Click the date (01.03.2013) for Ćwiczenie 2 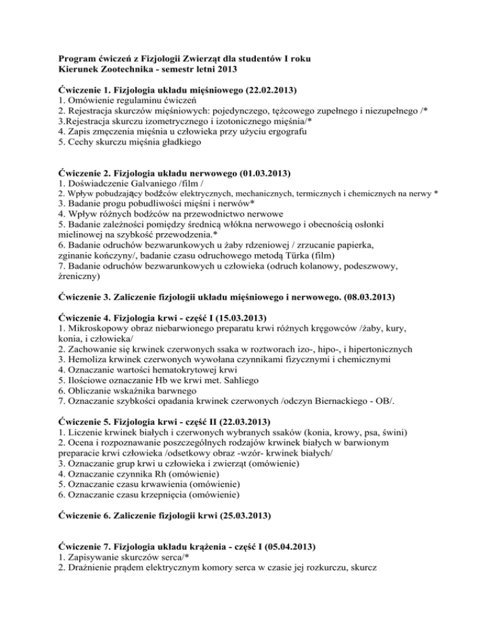256,172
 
